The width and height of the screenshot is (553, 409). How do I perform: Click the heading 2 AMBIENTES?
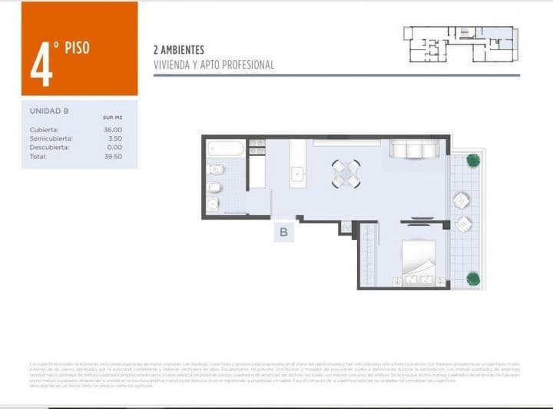[179, 50]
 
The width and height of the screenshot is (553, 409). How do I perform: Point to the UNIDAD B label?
[49, 111]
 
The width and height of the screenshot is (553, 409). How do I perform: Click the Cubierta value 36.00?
[112, 129]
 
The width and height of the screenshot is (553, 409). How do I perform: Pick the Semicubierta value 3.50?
[114, 138]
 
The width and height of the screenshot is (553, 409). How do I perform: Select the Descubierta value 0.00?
[114, 147]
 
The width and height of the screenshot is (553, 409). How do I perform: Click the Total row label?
[38, 156]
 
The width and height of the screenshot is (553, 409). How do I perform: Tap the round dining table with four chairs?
[346, 174]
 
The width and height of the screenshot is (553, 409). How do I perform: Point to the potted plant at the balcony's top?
[472, 161]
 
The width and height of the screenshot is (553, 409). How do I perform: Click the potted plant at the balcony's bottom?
[472, 278]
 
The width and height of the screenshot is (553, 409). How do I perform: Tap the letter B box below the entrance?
[283, 233]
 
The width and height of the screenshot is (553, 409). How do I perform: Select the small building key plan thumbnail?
[460, 44]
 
